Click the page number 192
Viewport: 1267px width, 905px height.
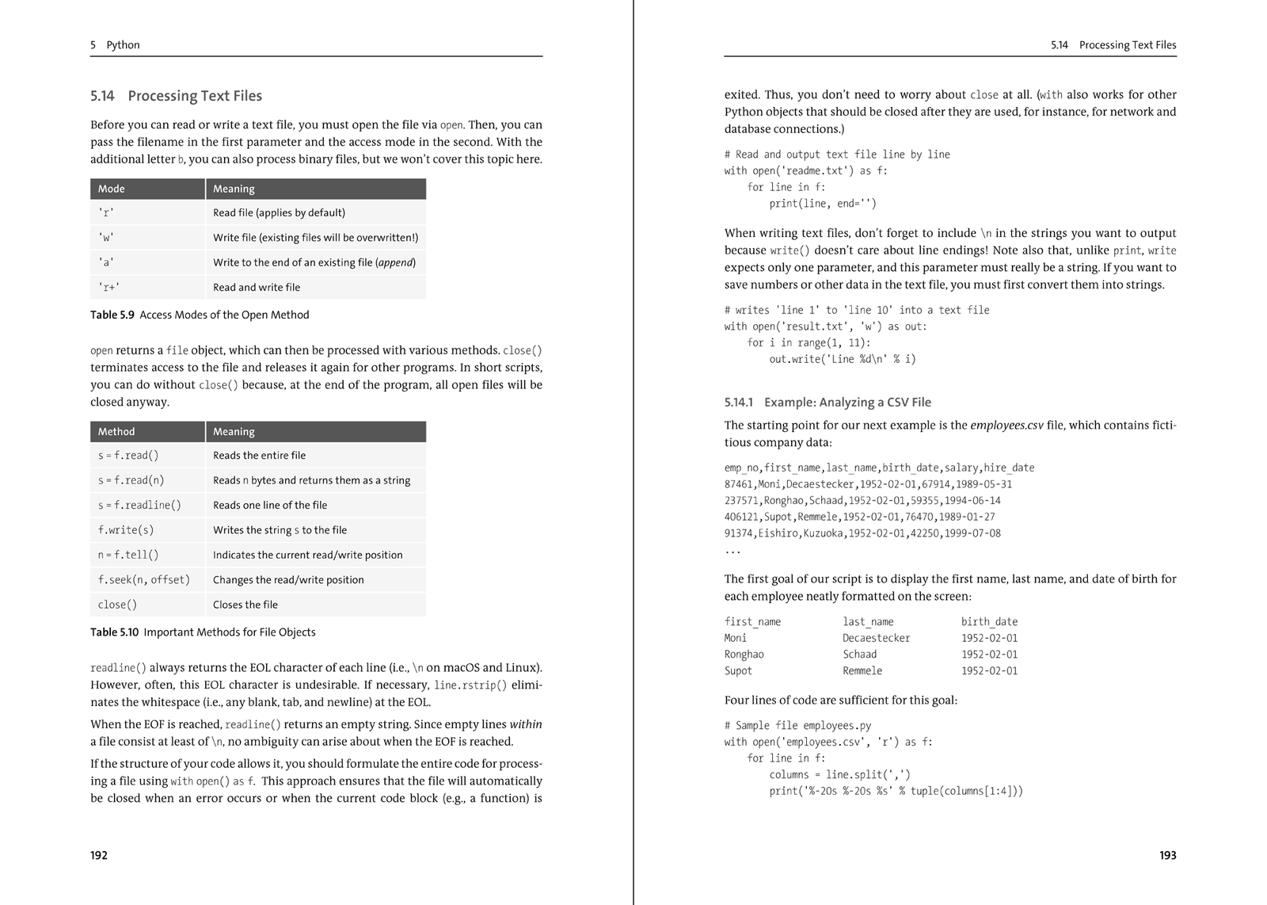click(x=99, y=855)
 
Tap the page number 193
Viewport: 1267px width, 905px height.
click(x=1167, y=855)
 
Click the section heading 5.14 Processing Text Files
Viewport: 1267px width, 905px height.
click(x=176, y=96)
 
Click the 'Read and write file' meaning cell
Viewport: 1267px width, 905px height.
click(x=257, y=288)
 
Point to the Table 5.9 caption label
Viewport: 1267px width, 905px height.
click(x=112, y=315)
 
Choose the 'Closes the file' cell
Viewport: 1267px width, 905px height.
click(x=245, y=605)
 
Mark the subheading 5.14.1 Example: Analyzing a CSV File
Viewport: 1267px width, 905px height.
click(x=828, y=403)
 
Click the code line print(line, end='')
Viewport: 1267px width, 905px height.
click(x=823, y=204)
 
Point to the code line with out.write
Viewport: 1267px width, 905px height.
click(x=843, y=359)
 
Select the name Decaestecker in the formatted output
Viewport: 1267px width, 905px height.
click(x=877, y=638)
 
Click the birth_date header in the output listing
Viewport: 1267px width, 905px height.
click(x=989, y=622)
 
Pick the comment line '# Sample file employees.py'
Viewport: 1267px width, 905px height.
click(x=797, y=725)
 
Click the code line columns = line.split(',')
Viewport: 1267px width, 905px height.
click(x=839, y=774)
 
